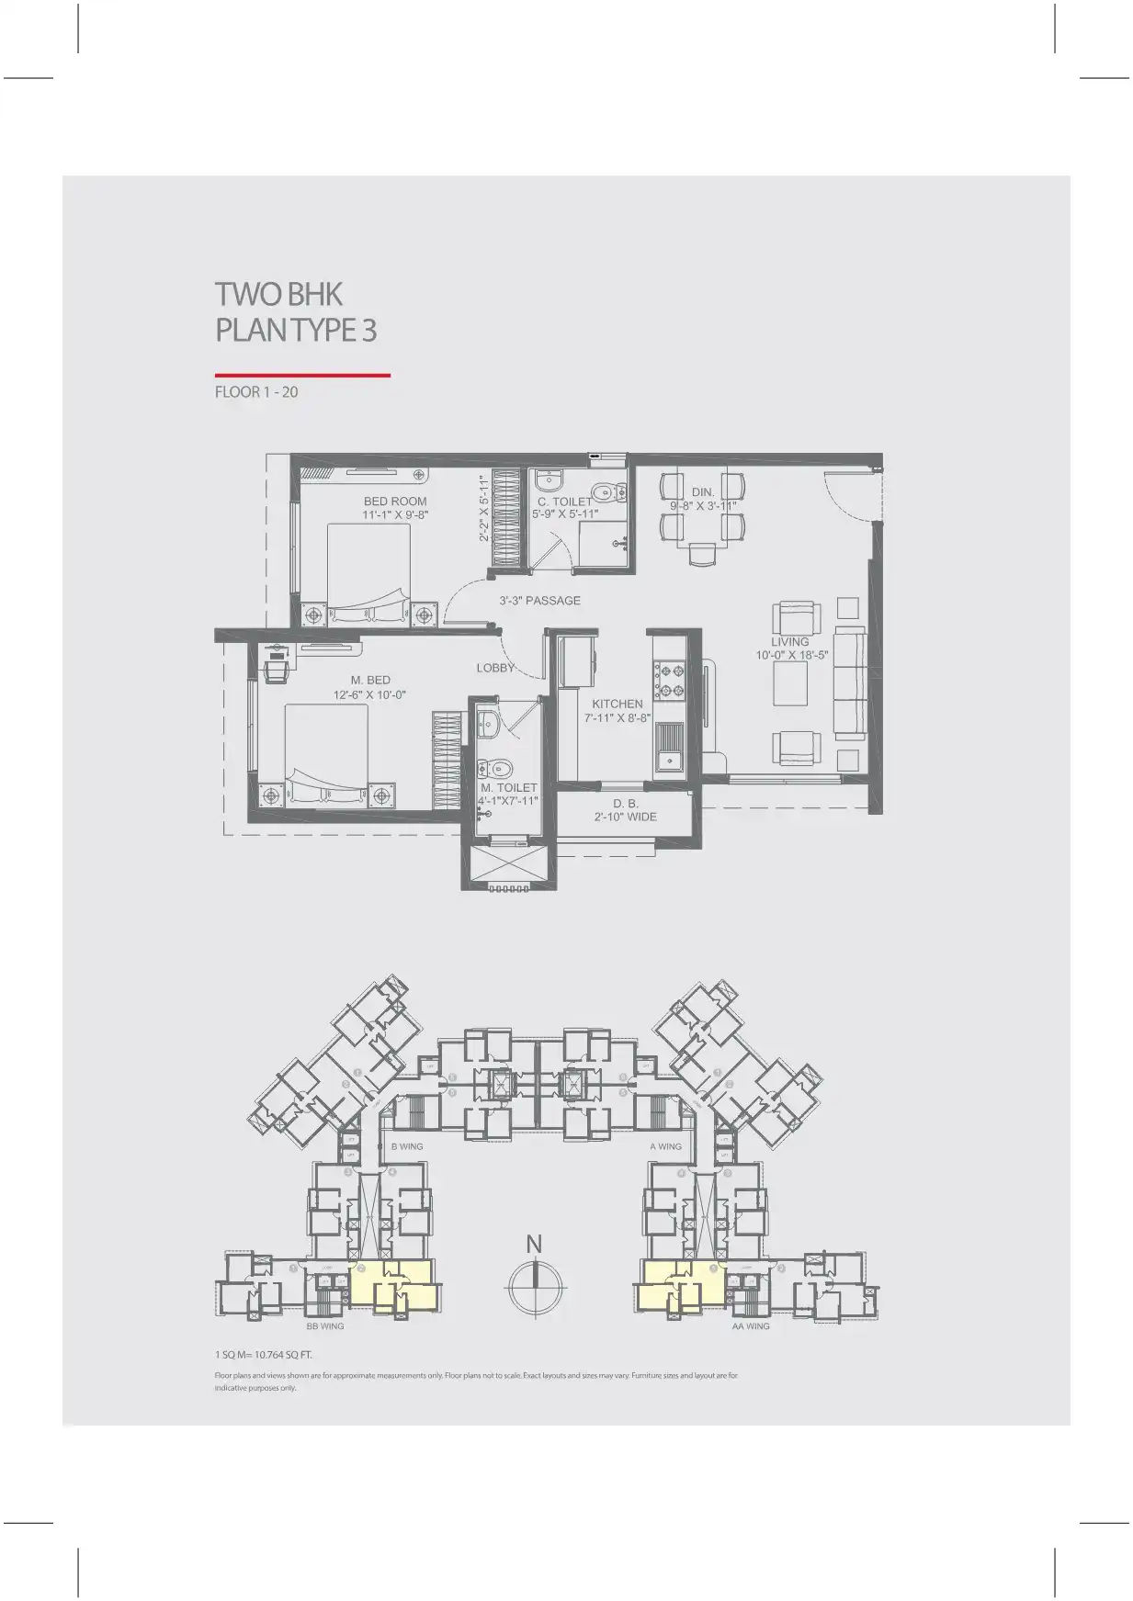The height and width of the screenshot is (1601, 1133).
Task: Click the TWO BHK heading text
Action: [278, 295]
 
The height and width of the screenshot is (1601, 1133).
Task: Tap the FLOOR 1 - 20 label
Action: [256, 392]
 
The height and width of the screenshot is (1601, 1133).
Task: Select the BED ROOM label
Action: [395, 502]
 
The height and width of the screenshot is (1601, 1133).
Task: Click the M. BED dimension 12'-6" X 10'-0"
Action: [369, 695]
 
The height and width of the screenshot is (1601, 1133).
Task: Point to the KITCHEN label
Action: [617, 704]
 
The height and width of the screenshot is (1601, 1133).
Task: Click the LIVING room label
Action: [790, 642]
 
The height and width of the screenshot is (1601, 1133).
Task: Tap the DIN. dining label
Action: [703, 492]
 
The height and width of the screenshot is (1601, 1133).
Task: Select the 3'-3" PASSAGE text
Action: [539, 601]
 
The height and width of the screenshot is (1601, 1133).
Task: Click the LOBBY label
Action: [495, 668]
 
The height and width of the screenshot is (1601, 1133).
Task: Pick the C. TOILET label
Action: [565, 502]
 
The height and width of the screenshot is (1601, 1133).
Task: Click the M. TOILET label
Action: [509, 788]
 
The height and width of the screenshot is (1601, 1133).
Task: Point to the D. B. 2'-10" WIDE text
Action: [626, 810]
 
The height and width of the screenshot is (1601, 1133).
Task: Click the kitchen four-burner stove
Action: [668, 681]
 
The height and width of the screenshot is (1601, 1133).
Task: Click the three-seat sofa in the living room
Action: [850, 684]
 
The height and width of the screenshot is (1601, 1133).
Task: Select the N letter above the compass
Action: [534, 1244]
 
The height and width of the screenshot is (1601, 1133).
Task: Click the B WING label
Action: [407, 1146]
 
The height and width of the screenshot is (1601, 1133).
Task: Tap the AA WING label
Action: [751, 1326]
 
